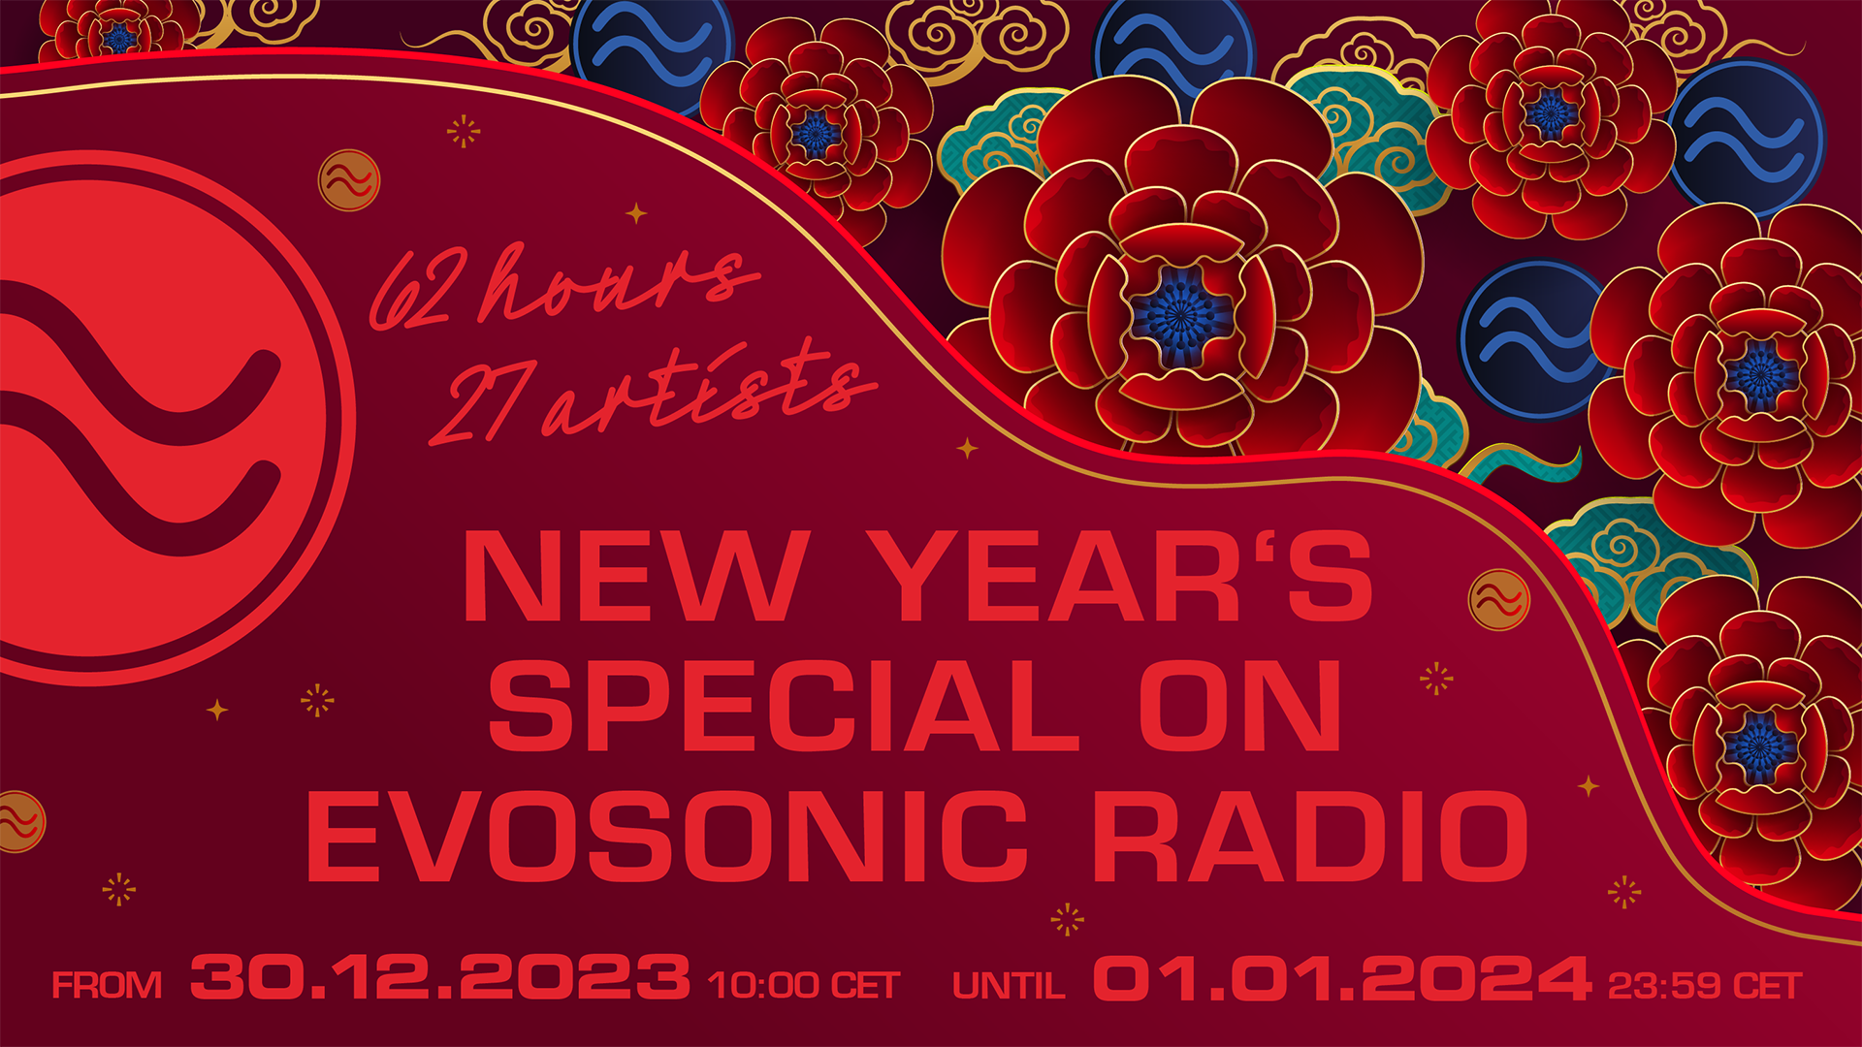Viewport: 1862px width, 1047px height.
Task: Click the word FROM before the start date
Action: coord(107,986)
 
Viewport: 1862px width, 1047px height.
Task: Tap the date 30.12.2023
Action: coord(440,977)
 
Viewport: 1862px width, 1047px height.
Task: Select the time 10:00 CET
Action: coord(804,986)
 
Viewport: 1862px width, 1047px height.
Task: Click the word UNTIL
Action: coord(1009,986)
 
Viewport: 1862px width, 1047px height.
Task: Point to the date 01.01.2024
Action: coord(1342,977)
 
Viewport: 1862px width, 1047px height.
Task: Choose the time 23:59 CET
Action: coord(1705,986)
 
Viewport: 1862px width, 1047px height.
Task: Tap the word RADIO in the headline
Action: coord(1316,836)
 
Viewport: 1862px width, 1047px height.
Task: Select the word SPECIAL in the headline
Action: coord(784,705)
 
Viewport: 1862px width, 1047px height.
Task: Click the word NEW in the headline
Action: coord(637,575)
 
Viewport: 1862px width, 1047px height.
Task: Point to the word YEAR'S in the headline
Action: coord(1131,575)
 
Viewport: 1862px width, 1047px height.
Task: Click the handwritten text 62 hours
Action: coord(562,285)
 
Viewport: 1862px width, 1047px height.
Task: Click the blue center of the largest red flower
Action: coord(1181,314)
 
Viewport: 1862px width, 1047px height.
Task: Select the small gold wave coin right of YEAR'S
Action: coord(1498,600)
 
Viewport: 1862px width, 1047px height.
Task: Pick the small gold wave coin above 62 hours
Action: coord(349,180)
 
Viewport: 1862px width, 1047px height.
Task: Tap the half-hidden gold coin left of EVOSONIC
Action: coord(19,822)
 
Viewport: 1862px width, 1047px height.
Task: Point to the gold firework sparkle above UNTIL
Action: coord(1067,919)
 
